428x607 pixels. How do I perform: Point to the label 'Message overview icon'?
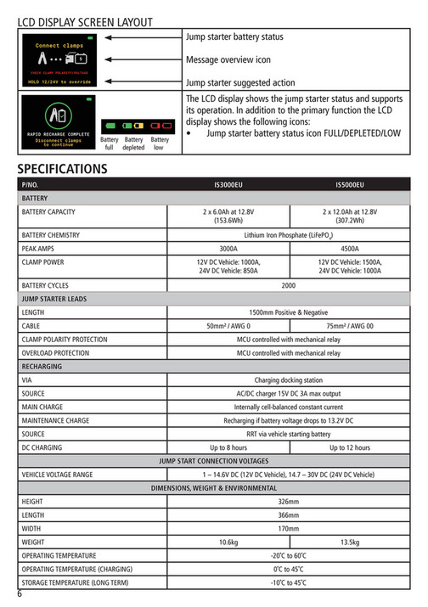[228, 60]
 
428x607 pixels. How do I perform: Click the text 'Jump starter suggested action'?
[240, 82]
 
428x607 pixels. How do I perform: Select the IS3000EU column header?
[228, 184]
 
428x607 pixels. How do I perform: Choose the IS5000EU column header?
[350, 184]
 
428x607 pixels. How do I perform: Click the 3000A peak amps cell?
[228, 249]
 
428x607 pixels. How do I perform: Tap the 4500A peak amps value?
[350, 249]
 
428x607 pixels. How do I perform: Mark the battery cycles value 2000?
[289, 286]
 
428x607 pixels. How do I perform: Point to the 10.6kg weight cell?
[228, 542]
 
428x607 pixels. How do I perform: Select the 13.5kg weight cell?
[350, 542]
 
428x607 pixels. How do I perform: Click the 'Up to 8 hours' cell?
[228, 447]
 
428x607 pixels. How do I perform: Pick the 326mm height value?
[289, 502]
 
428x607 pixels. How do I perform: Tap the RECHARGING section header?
[42, 367]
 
